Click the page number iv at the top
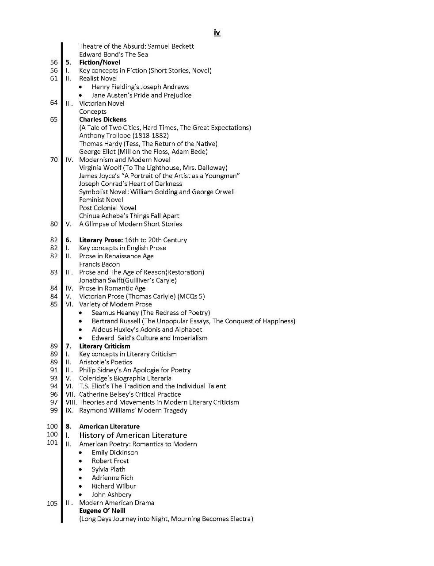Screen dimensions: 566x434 217,33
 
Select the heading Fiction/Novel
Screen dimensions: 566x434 99,62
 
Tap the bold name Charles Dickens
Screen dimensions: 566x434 103,119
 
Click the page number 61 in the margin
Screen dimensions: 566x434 54,78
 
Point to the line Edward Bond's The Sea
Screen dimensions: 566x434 113,54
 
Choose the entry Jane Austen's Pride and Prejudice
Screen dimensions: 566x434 141,95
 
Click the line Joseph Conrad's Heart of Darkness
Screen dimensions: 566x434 130,184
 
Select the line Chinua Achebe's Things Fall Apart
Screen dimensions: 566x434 129,216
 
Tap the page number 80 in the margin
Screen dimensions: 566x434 54,224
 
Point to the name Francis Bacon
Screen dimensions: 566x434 99,264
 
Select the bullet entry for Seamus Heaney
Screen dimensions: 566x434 151,313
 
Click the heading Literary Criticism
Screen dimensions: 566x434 104,346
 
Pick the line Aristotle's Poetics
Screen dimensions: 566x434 105,362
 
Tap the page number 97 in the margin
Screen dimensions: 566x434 54,402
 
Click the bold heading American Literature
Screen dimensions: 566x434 109,426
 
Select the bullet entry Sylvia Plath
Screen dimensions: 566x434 108,469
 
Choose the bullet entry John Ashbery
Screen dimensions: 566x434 111,494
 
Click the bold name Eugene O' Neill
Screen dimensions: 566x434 103,511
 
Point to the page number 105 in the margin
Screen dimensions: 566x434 52,503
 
